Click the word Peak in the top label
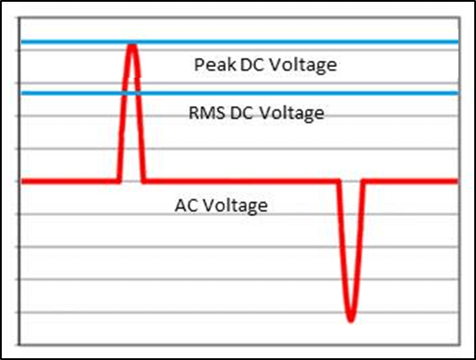(215, 64)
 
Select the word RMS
(207, 113)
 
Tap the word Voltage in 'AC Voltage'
(235, 206)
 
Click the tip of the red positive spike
(132, 46)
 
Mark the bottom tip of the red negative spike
(351, 320)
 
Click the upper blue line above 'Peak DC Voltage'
(240, 41)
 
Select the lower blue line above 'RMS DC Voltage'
(240, 93)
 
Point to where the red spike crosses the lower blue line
(124, 93)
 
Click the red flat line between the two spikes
(241, 182)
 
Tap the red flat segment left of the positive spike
(70, 182)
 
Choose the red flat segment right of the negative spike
(411, 182)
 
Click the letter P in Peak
(199, 64)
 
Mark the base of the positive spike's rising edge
(118, 182)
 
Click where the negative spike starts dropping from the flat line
(338, 182)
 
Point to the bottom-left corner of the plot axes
(19, 345)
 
